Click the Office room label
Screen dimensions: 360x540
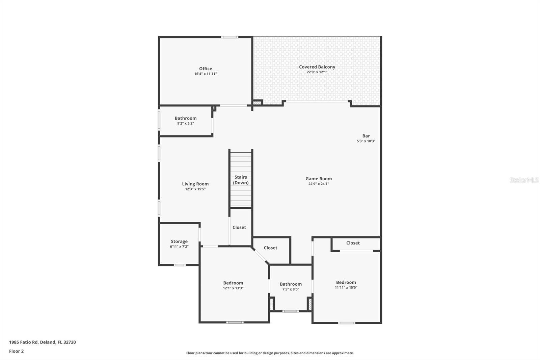click(206, 69)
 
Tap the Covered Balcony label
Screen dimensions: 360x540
click(317, 67)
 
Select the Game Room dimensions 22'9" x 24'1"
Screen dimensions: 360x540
click(318, 184)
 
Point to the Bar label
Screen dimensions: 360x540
click(366, 136)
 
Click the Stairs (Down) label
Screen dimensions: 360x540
click(241, 180)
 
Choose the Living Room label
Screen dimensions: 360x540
click(195, 184)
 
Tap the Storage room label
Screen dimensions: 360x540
click(179, 241)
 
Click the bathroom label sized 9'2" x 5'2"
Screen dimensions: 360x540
click(185, 118)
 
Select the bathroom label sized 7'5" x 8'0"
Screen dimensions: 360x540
click(291, 284)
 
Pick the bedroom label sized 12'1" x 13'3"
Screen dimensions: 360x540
click(233, 283)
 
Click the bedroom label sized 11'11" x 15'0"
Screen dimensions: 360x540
click(346, 282)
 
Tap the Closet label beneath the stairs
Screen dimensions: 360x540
click(239, 228)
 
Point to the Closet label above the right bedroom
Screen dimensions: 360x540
click(353, 243)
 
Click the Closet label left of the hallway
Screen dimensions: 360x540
click(270, 248)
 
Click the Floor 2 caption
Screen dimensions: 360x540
click(16, 351)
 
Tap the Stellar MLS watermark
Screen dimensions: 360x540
click(524, 180)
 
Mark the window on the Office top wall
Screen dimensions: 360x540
click(230, 37)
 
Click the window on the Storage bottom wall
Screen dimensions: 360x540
click(180, 265)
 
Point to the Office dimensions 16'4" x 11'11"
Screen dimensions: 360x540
click(206, 74)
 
